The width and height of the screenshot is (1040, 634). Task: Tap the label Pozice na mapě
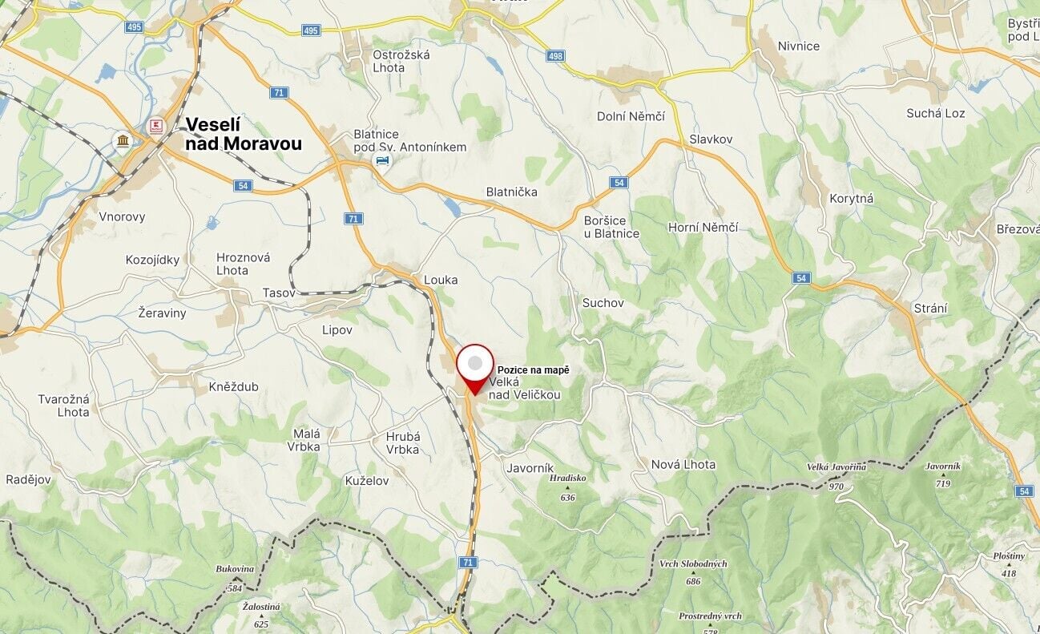pyautogui.click(x=533, y=369)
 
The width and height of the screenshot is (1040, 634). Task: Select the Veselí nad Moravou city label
pyautogui.click(x=243, y=134)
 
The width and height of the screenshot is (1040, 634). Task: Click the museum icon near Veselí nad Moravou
pyautogui.click(x=123, y=141)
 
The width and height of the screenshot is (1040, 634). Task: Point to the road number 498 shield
pyautogui.click(x=555, y=56)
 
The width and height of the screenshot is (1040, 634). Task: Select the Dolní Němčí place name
pyautogui.click(x=631, y=116)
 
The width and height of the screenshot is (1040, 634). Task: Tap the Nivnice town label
pyautogui.click(x=799, y=46)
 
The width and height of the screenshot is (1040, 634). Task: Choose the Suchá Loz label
pyautogui.click(x=935, y=113)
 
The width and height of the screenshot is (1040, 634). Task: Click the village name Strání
pyautogui.click(x=930, y=308)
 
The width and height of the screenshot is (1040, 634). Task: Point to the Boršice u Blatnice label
pyautogui.click(x=611, y=227)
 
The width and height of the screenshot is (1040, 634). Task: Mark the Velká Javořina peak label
pyautogui.click(x=836, y=467)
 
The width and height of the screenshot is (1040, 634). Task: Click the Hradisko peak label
pyautogui.click(x=568, y=479)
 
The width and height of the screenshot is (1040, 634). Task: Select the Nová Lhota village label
pyautogui.click(x=683, y=464)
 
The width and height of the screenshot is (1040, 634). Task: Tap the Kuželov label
pyautogui.click(x=367, y=480)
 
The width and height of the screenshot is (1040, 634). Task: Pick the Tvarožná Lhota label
pyautogui.click(x=63, y=406)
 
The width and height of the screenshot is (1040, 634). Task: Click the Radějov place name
pyautogui.click(x=28, y=479)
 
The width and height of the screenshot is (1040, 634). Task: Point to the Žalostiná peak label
pyautogui.click(x=260, y=607)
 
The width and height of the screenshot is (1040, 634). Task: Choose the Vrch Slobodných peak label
pyautogui.click(x=693, y=563)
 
